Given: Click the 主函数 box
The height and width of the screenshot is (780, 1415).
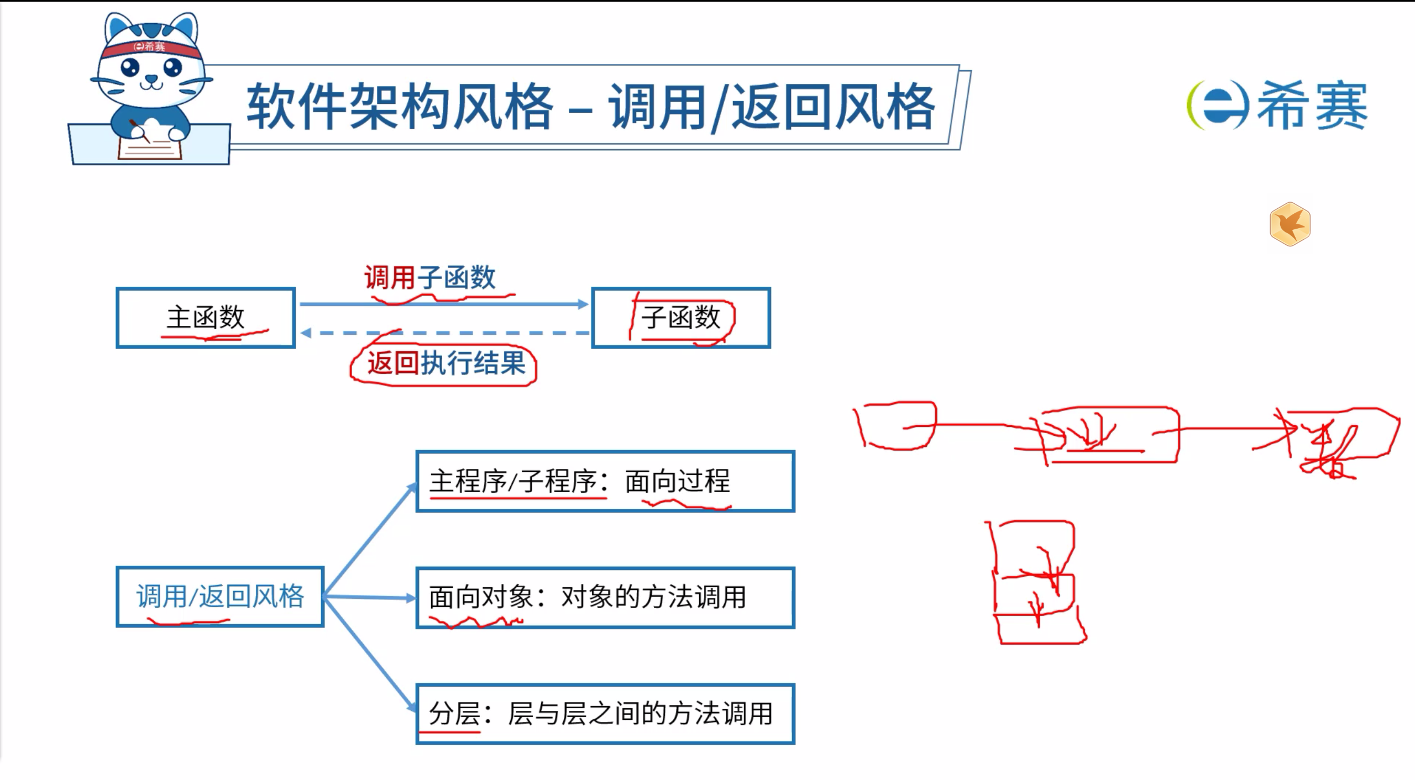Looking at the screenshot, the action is click(206, 318).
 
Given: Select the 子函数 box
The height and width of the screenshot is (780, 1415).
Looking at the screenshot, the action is click(681, 318).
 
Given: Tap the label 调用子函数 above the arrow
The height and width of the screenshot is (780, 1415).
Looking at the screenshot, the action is click(430, 277).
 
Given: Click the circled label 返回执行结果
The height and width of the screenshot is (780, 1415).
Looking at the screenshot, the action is click(446, 363).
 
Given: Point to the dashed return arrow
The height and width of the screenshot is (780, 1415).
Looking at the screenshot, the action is click(445, 333).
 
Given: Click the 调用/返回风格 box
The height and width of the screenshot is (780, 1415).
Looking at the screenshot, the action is click(220, 597).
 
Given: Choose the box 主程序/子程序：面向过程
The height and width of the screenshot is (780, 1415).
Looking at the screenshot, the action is click(605, 481).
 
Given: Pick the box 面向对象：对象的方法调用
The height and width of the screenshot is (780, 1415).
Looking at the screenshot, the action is click(605, 598).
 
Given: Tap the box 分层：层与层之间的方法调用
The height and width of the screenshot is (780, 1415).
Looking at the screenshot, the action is click(605, 714).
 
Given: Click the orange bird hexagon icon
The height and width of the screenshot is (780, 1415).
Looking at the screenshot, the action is click(1290, 224).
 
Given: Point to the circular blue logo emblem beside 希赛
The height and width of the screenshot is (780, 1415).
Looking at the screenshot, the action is click(1216, 105).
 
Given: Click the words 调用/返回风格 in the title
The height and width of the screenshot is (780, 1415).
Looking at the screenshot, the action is click(772, 106).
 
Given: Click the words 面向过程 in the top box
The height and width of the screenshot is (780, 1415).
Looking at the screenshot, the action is click(678, 481).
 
